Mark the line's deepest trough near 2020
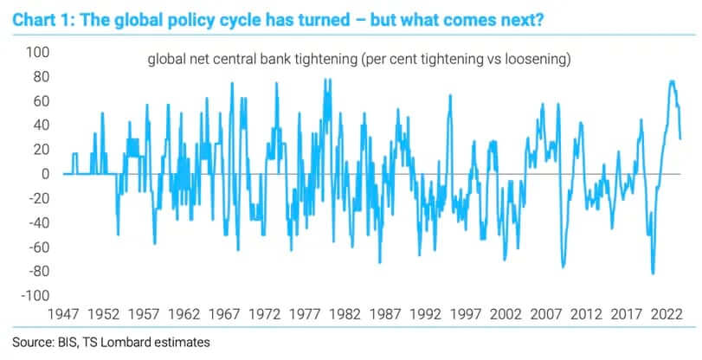[653, 273]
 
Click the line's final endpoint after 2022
[680, 138]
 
